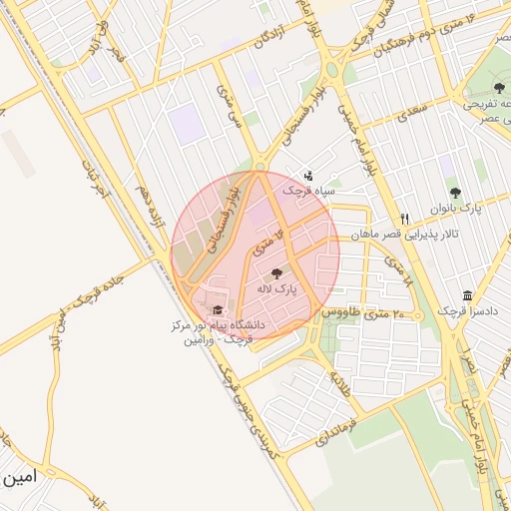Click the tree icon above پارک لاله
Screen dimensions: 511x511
[276, 272]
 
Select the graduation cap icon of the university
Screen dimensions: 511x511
[218, 310]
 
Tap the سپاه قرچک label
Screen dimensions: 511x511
[311, 190]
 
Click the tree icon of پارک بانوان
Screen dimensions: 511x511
[455, 193]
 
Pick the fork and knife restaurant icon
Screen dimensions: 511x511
[404, 219]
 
